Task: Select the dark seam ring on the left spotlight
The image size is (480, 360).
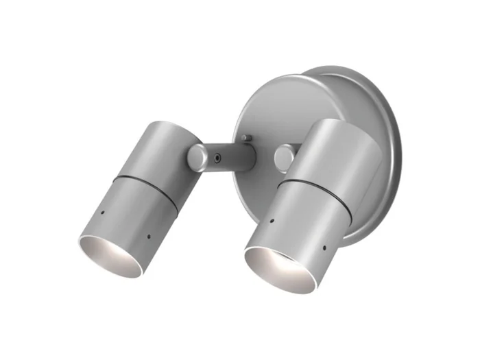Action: [145, 189]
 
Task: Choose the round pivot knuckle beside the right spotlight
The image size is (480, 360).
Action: [284, 157]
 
